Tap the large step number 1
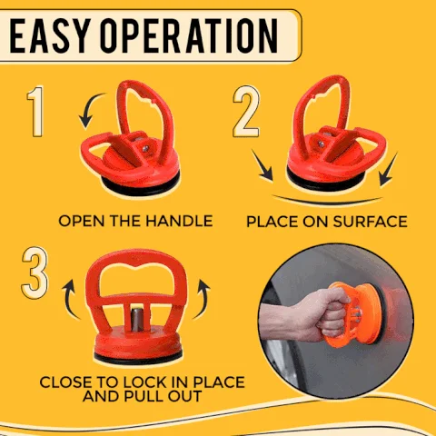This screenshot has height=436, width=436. (37, 113)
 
